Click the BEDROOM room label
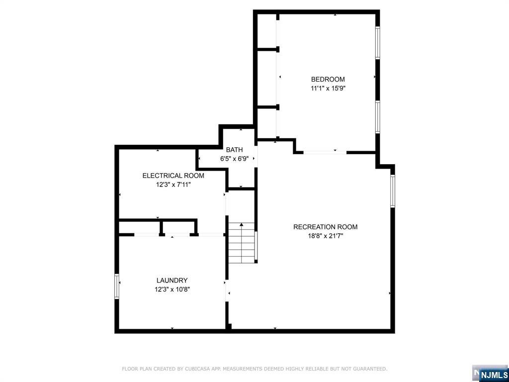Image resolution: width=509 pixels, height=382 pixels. [328, 79]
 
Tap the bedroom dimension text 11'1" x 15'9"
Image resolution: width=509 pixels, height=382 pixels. [328, 88]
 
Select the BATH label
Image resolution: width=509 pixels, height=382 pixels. [234, 150]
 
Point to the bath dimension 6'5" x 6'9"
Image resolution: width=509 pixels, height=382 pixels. [234, 159]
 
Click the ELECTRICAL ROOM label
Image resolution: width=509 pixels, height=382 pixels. [173, 176]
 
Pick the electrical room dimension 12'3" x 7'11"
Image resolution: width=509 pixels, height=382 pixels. [173, 184]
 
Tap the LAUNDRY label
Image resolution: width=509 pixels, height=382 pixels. [172, 281]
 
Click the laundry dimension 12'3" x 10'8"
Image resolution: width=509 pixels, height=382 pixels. [172, 289]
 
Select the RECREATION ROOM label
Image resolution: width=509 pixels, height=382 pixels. [325, 227]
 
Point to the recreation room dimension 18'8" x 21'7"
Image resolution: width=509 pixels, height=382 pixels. [325, 236]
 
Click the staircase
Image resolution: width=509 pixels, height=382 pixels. [242, 243]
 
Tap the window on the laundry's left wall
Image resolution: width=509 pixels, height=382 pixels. [117, 286]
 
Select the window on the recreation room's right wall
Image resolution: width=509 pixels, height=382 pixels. [392, 191]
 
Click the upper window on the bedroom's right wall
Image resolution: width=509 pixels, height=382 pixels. [377, 43]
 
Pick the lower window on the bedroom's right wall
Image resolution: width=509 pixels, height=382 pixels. [377, 117]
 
